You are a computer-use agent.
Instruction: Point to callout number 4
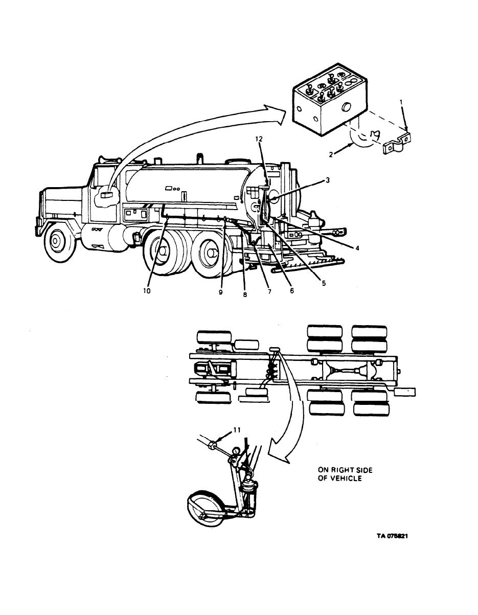pos(357,248)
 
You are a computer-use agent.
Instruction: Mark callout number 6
pos(292,291)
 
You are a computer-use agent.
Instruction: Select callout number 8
pos(245,295)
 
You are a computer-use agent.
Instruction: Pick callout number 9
pos(221,292)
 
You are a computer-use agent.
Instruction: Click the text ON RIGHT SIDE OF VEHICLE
pos(340,473)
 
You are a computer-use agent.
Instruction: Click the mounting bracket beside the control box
pos(398,147)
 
